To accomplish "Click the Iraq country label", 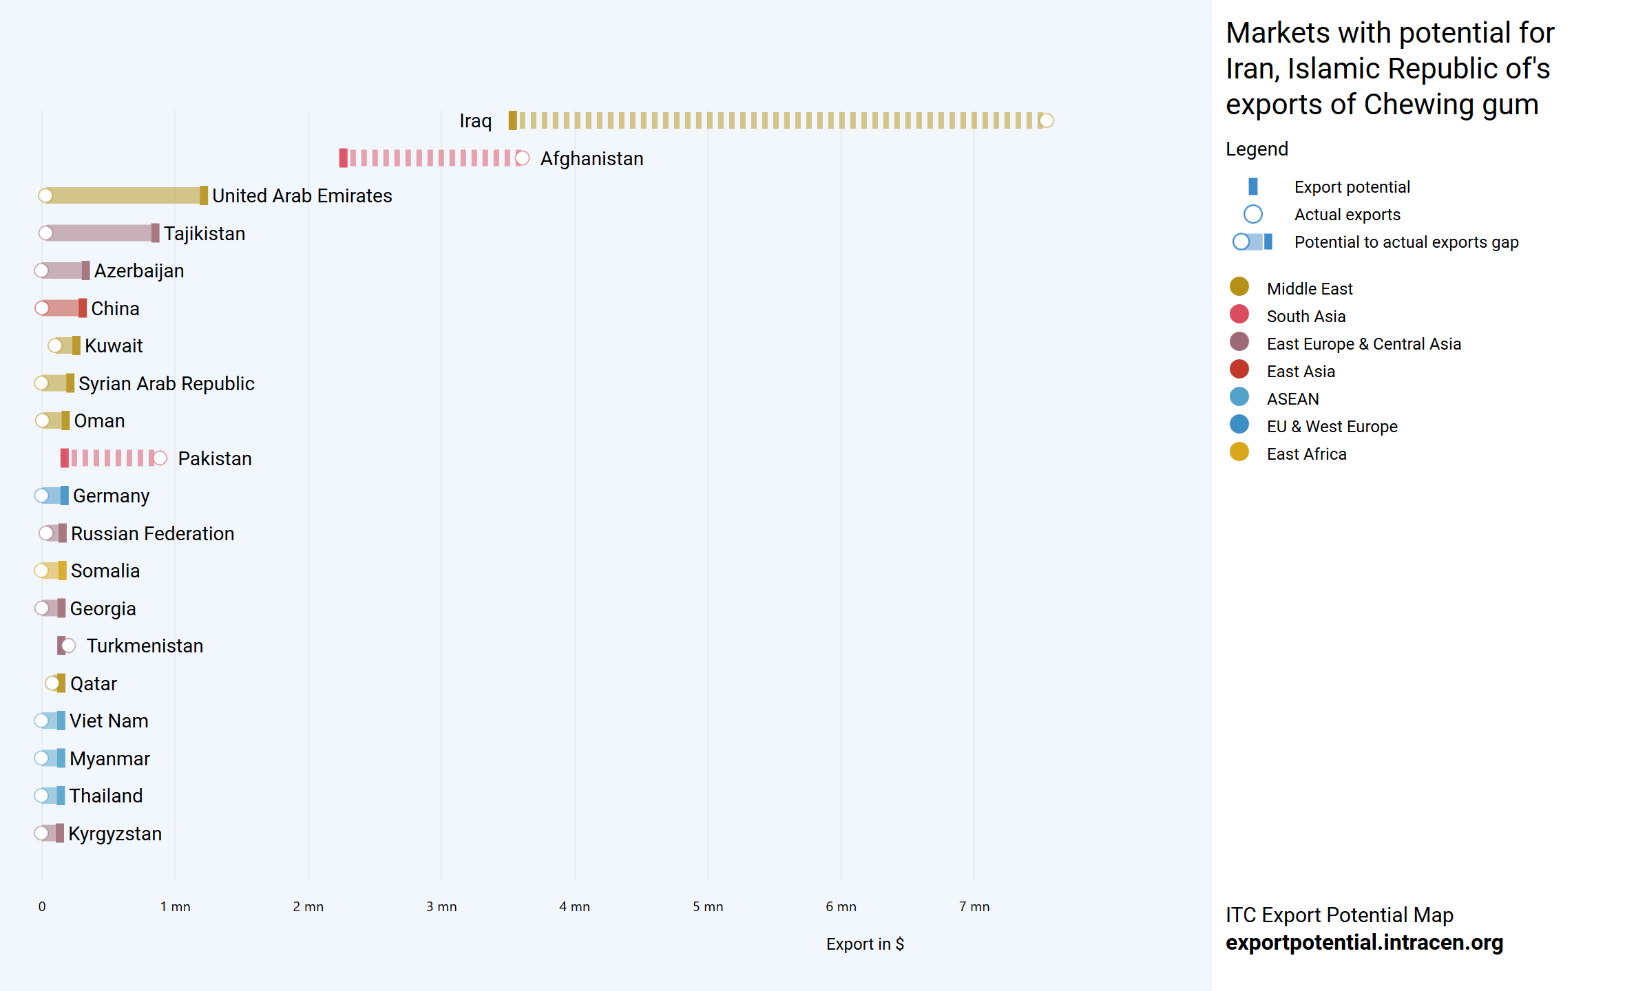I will [x=475, y=121].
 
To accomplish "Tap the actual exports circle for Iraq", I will [x=1046, y=121].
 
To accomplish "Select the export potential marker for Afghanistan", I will [x=343, y=158].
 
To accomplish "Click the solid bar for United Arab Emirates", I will [x=124, y=195].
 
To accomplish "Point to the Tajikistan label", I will [x=205, y=234].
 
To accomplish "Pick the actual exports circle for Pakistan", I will [x=160, y=458].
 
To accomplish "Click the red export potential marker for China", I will [x=83, y=308].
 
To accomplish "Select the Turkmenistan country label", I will [x=145, y=646].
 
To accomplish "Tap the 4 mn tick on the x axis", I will [x=574, y=907].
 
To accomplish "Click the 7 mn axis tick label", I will [x=974, y=907].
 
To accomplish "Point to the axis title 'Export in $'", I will [x=865, y=944].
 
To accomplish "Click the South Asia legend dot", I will [x=1239, y=315].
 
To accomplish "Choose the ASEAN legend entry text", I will [x=1292, y=399].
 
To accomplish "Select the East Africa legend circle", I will [x=1239, y=452].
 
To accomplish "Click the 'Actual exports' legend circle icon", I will [x=1252, y=215].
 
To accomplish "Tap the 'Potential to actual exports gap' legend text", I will [x=1406, y=242].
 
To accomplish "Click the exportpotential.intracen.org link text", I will [x=1364, y=942].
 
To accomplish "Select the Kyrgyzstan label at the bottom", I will [x=115, y=834].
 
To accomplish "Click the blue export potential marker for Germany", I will [x=65, y=495].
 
